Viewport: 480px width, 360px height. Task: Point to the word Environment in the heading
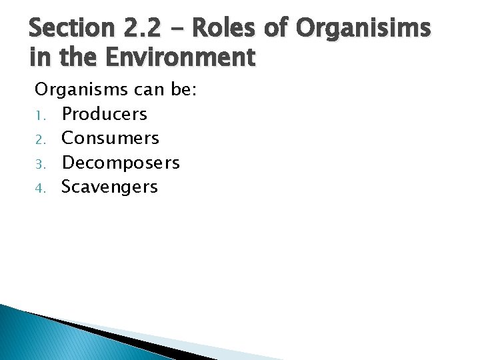pos(179,58)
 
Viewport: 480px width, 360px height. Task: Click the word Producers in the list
pos(104,114)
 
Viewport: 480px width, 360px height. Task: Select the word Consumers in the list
pos(110,138)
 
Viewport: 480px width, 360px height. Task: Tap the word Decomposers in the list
pos(121,163)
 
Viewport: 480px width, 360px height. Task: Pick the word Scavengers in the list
pos(109,187)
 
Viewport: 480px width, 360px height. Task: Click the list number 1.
pos(39,115)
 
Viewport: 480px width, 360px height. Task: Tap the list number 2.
pos(39,139)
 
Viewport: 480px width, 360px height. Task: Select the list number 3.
pos(39,163)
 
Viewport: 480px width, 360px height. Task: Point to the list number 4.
pos(39,187)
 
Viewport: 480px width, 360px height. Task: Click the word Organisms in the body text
pos(72,89)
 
